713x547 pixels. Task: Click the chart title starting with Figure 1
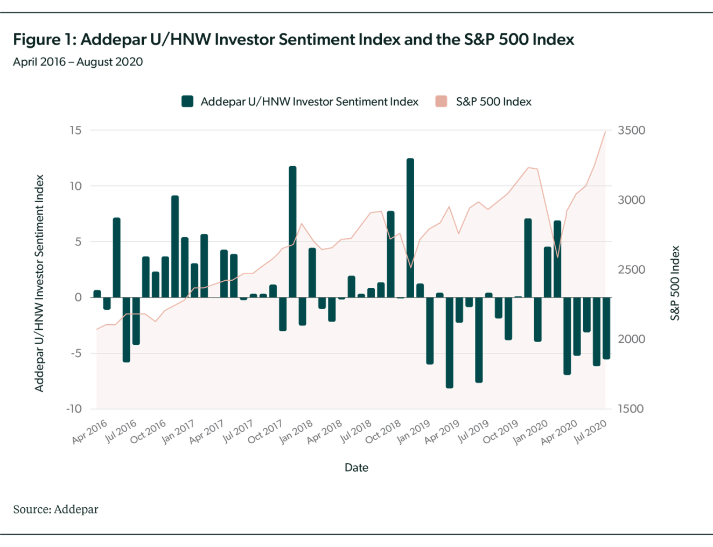click(293, 39)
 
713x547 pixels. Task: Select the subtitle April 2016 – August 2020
click(78, 62)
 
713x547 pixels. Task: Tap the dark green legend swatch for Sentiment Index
click(187, 101)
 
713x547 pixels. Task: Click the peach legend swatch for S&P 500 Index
click(442, 101)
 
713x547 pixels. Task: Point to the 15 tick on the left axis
click(75, 130)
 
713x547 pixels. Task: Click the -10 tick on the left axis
click(74, 409)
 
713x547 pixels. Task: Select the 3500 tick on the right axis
click(631, 130)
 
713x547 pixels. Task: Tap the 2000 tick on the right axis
click(631, 339)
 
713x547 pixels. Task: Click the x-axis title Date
click(356, 467)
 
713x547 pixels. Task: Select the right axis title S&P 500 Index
click(675, 282)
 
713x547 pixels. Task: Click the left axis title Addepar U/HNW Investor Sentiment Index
click(39, 282)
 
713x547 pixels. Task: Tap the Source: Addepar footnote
click(56, 509)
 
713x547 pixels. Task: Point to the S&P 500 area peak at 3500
click(605, 132)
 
